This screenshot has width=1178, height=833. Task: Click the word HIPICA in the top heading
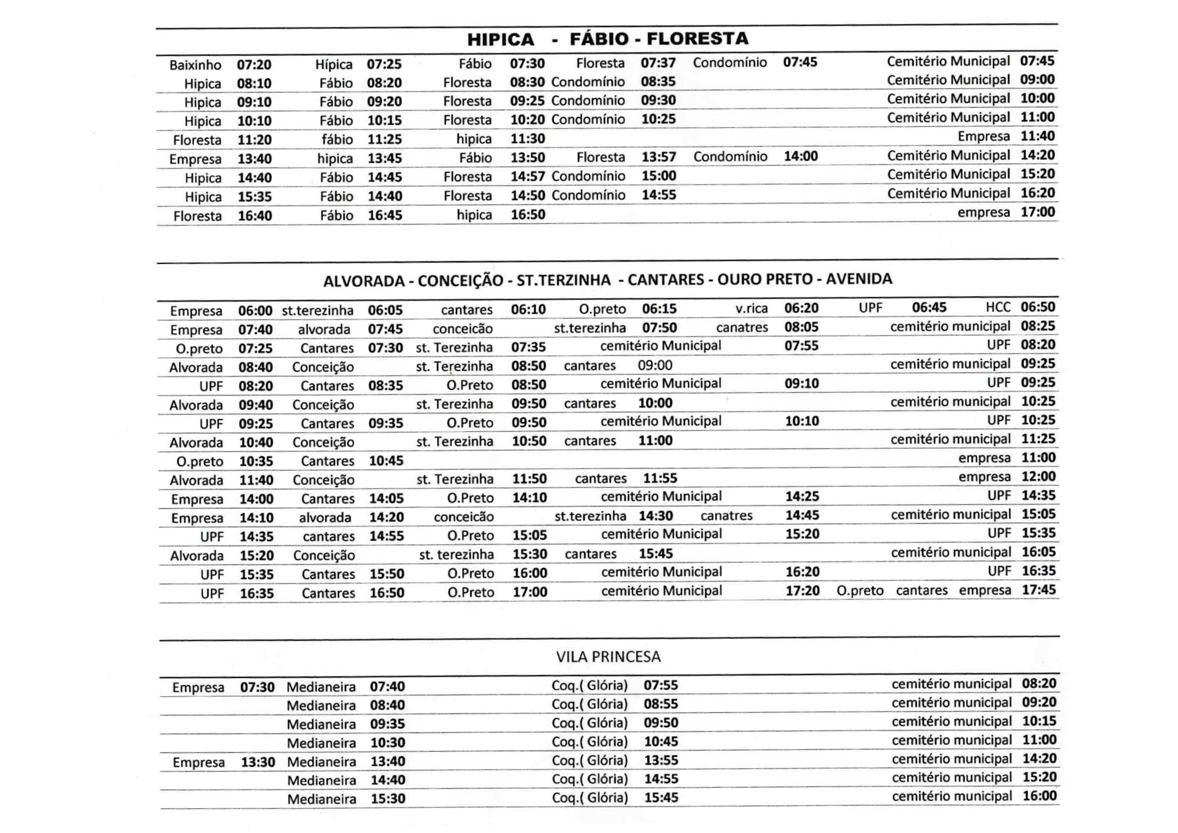[x=501, y=39]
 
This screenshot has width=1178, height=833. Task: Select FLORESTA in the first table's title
[x=697, y=39]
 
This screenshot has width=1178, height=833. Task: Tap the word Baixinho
[x=195, y=65]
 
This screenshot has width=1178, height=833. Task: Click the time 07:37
[x=658, y=63]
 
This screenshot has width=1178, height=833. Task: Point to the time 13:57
[x=659, y=157]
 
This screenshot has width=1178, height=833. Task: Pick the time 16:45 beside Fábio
[x=385, y=215]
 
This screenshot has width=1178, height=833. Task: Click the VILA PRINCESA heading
[x=608, y=657]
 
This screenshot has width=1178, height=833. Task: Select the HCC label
[x=998, y=307]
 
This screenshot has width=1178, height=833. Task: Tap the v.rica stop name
[x=751, y=308]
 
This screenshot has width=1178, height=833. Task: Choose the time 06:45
[x=929, y=308]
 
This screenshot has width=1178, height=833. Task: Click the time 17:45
[x=1038, y=590]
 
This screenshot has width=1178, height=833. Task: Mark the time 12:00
[x=1038, y=477]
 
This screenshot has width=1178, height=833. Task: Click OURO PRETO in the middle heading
[x=765, y=279]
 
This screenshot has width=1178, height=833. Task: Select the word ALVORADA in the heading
[x=363, y=281]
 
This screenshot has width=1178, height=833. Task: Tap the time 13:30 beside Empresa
[x=258, y=762]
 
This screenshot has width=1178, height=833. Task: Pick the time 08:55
[x=661, y=704]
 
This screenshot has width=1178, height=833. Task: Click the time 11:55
[x=660, y=478]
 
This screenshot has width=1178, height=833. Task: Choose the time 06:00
[x=255, y=310]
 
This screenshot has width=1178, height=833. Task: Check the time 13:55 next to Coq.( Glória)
[x=661, y=760]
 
